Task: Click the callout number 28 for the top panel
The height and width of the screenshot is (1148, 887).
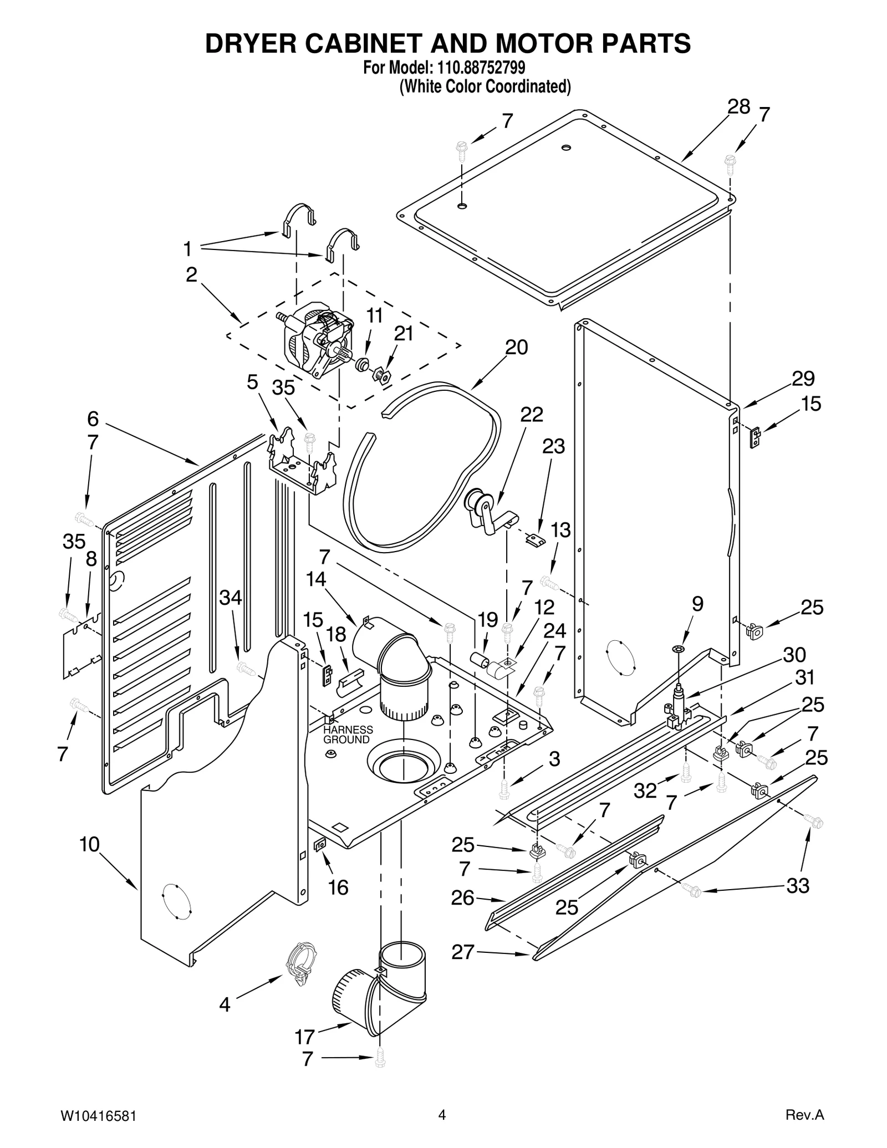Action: [x=738, y=107]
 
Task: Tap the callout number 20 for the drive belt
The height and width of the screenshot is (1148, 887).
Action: [x=516, y=348]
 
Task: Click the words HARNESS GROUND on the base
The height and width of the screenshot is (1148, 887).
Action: [x=348, y=735]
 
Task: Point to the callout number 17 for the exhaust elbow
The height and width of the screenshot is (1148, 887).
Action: [x=305, y=1036]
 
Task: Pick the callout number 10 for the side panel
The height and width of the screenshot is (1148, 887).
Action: [x=89, y=844]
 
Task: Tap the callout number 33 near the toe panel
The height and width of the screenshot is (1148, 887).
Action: [x=798, y=886]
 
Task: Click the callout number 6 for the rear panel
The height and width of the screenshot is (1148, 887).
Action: [x=93, y=418]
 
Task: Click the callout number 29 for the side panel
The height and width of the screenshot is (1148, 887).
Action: [x=803, y=379]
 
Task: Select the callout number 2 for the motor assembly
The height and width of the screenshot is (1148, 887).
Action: [x=191, y=275]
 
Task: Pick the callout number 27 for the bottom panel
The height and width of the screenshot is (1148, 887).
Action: [x=462, y=952]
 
